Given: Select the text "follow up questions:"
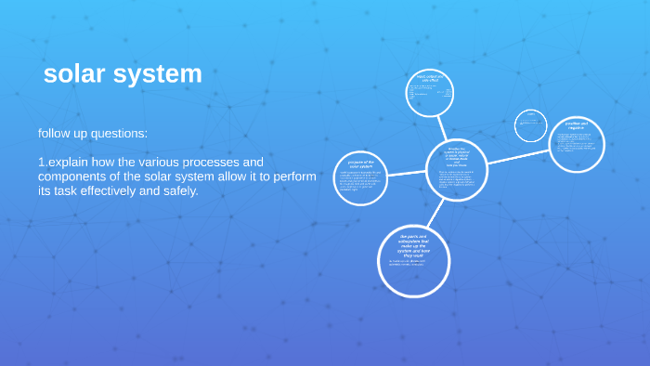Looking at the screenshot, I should (x=93, y=134).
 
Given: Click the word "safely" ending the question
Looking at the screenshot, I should (x=178, y=191).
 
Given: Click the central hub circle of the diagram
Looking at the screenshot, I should (x=456, y=169).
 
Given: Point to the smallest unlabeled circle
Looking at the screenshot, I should (x=531, y=125).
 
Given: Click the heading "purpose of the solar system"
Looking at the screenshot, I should (x=360, y=163).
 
